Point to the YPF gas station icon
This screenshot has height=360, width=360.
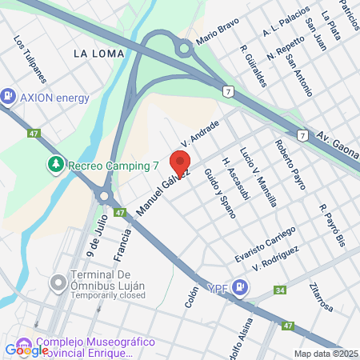(x=242, y=288)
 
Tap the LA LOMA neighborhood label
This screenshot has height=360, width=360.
(x=98, y=54)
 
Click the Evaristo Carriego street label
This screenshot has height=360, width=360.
(x=265, y=243)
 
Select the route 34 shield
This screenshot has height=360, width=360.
(x=279, y=290)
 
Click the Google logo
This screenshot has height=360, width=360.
(x=26, y=350)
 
